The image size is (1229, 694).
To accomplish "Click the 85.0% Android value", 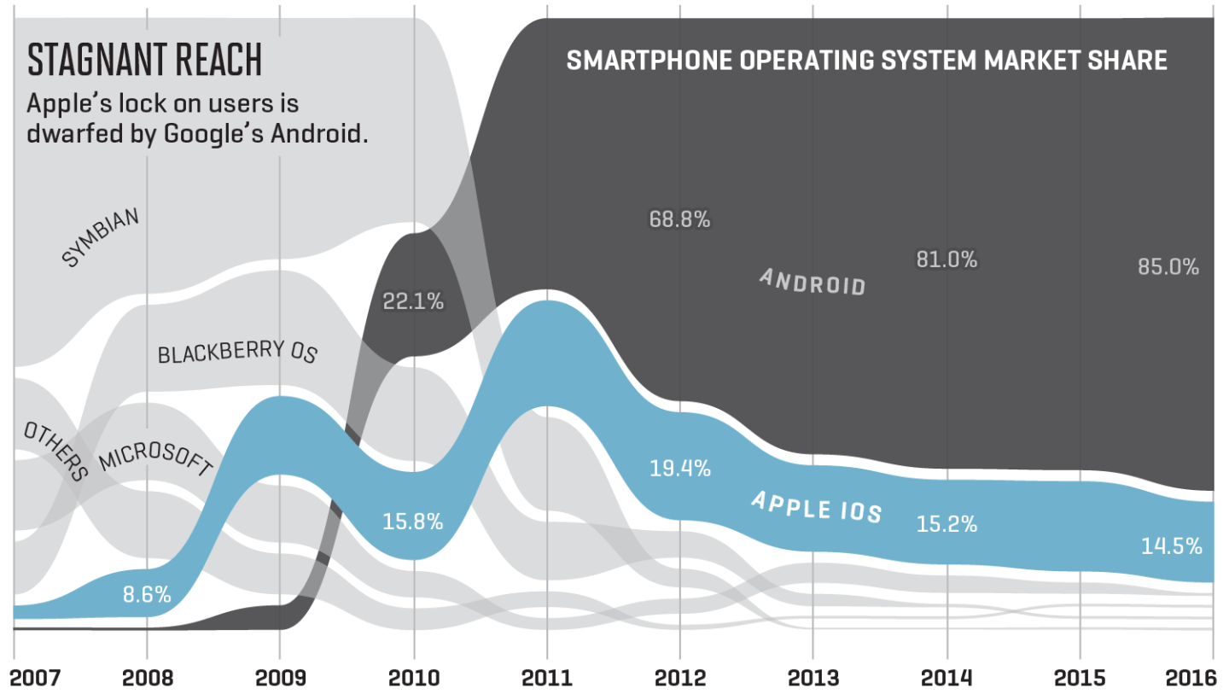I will point(1168,267).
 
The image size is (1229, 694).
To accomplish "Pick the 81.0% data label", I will point(947,260).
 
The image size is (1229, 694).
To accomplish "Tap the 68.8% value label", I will point(679,219).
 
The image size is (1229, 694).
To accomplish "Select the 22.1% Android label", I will point(413,300).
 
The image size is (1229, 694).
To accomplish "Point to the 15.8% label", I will point(413,521).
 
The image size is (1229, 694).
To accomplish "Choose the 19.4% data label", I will point(679,468).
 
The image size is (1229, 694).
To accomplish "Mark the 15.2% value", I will point(947,524).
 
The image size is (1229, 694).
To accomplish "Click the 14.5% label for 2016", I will point(1171,545).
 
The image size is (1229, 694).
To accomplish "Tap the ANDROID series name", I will point(812,281).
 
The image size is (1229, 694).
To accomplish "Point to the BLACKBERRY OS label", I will point(236,353).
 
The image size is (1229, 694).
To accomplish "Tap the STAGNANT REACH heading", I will point(144,61).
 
